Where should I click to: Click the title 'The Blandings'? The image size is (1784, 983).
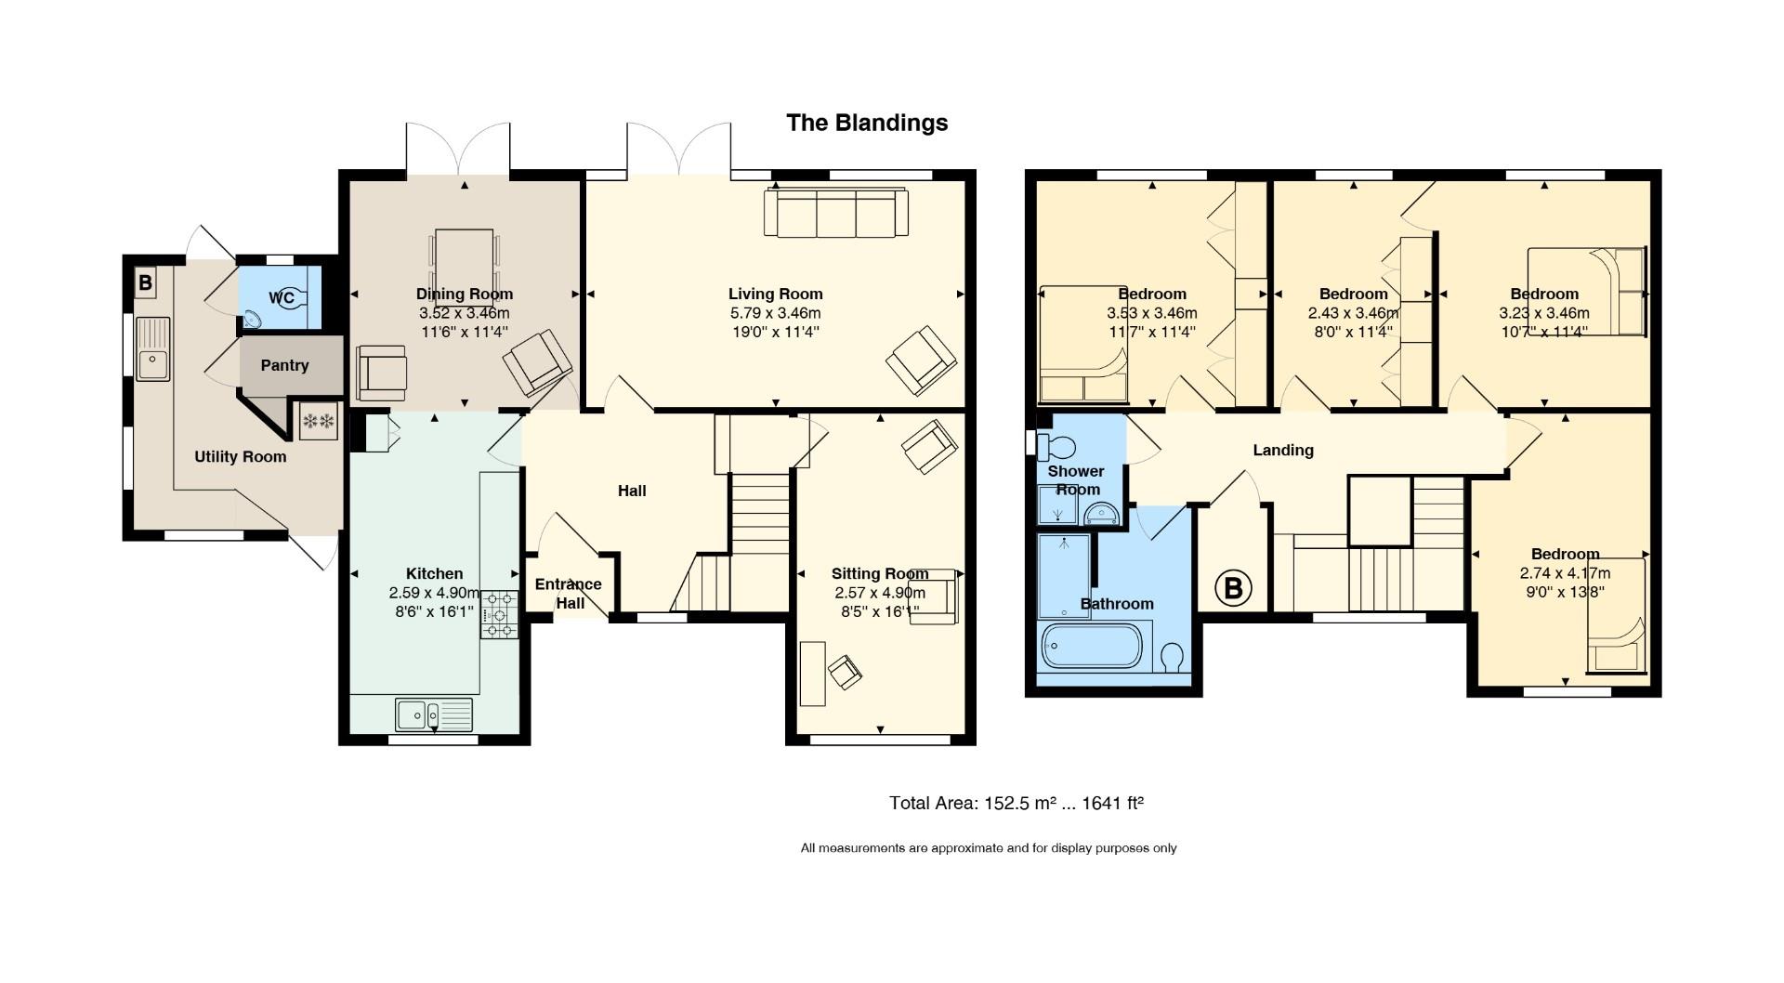[x=867, y=123]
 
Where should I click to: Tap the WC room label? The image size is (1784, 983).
[x=282, y=298]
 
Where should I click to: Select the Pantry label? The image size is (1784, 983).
[x=284, y=365]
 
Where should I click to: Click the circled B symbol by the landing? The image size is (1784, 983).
[x=1233, y=588]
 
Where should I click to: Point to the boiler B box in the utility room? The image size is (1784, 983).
[x=145, y=282]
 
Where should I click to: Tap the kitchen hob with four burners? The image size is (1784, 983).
[x=499, y=614]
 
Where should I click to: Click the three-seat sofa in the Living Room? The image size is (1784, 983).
[x=835, y=213]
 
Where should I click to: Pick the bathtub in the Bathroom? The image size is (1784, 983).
[x=1092, y=646]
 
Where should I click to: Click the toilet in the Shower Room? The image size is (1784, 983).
[x=1056, y=447]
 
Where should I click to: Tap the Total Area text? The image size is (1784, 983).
[x=1017, y=803]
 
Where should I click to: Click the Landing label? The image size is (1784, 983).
[x=1283, y=451]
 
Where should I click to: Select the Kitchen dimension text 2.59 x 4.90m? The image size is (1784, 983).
[x=435, y=593]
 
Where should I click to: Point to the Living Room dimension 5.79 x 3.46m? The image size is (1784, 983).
[x=775, y=313]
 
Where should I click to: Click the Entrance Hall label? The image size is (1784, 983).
[x=569, y=594]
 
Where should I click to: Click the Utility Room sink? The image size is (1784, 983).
[x=153, y=348]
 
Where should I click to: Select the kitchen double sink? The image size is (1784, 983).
[x=434, y=714]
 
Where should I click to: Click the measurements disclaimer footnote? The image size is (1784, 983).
[x=989, y=848]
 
